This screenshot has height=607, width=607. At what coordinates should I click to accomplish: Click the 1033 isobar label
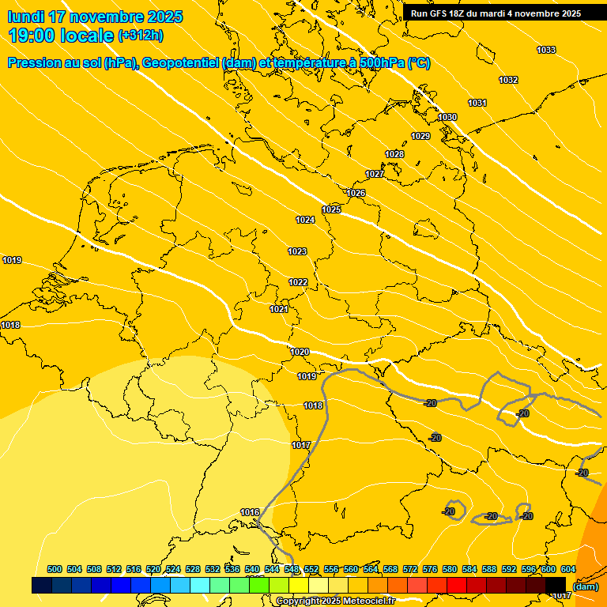pos(546,51)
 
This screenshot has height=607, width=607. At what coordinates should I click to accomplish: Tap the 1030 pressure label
pos(447,118)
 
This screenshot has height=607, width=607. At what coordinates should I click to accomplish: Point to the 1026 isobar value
pos(356,194)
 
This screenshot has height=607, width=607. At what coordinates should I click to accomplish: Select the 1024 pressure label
pos(305,220)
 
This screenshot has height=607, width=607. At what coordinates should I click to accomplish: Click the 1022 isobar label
pos(298,283)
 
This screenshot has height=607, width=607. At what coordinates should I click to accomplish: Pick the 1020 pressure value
pos(300,353)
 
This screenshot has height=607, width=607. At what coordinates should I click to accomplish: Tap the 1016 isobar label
pos(250,513)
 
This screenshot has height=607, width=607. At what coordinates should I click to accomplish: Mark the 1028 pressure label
pos(394,154)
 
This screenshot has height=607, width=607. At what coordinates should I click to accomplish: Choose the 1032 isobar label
pos(508,81)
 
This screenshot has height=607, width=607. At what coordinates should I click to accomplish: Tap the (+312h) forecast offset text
pos(141,36)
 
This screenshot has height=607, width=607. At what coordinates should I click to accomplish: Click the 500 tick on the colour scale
pos(55,570)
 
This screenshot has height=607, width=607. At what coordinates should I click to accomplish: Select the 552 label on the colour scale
pos(311,570)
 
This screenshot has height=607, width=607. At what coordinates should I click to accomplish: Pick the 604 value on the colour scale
pos(568,570)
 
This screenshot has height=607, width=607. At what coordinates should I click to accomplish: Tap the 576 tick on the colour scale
pos(430,570)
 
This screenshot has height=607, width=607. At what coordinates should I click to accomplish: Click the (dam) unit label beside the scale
pos(586,586)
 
